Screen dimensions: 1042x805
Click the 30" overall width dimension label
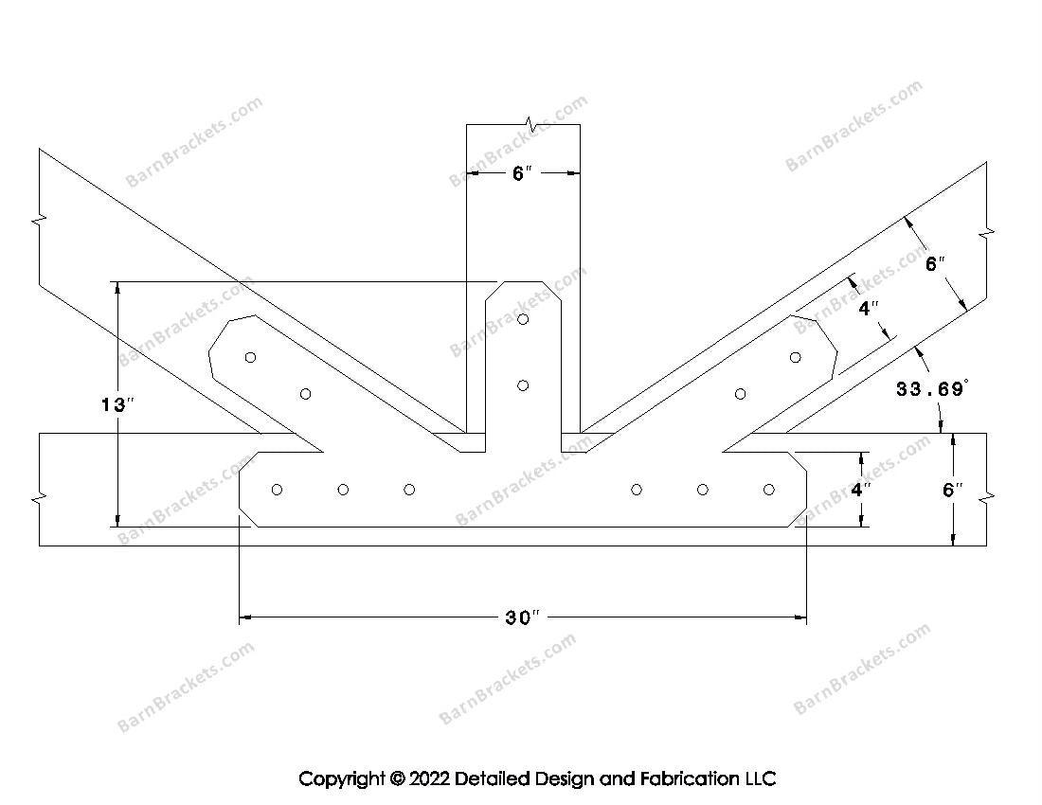[x=522, y=617]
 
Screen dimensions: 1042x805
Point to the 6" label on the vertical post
[x=522, y=173]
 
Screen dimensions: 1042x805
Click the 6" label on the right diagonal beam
[x=935, y=263]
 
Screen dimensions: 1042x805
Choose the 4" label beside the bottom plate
[x=860, y=490]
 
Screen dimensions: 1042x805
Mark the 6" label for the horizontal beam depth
[x=952, y=490]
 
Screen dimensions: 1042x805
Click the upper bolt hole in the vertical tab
[x=523, y=319]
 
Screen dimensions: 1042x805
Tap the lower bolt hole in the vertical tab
[x=523, y=385]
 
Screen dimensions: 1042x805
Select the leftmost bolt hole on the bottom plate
[x=278, y=490]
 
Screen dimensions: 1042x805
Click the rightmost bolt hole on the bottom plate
[x=769, y=490]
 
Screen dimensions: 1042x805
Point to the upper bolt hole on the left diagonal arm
[x=250, y=357]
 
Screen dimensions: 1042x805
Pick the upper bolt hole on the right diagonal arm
[x=796, y=357]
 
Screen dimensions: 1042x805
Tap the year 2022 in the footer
[x=428, y=778]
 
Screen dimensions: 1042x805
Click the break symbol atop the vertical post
[x=530, y=123]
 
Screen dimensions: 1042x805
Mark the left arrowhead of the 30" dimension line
[x=244, y=617]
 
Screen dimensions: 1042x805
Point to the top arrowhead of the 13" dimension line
[x=117, y=287]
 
